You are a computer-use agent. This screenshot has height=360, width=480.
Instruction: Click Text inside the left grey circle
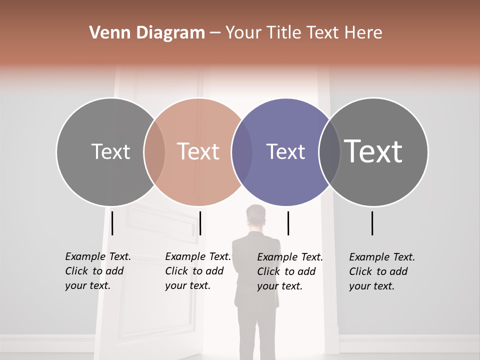(110, 151)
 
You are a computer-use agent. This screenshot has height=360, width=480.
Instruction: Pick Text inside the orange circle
(198, 151)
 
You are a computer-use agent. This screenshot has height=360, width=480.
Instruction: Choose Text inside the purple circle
(286, 151)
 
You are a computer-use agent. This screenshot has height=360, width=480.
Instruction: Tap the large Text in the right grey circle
(373, 151)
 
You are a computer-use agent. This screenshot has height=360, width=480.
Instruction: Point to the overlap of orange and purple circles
(242, 151)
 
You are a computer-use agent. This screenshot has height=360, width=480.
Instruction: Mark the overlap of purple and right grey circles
(329, 151)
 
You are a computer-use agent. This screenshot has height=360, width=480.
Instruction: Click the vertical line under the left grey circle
(112, 223)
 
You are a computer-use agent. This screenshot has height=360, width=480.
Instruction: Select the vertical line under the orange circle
(200, 223)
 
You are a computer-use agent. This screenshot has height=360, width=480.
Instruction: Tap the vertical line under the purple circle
(288, 223)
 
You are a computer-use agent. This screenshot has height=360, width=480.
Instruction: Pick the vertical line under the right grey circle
(372, 223)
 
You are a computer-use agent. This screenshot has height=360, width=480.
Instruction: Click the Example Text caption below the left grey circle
(97, 271)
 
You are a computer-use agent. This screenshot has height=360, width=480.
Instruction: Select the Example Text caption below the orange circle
(197, 271)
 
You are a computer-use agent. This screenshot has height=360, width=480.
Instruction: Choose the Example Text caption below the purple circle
(289, 271)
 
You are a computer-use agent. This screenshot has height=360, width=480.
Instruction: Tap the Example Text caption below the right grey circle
(381, 271)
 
